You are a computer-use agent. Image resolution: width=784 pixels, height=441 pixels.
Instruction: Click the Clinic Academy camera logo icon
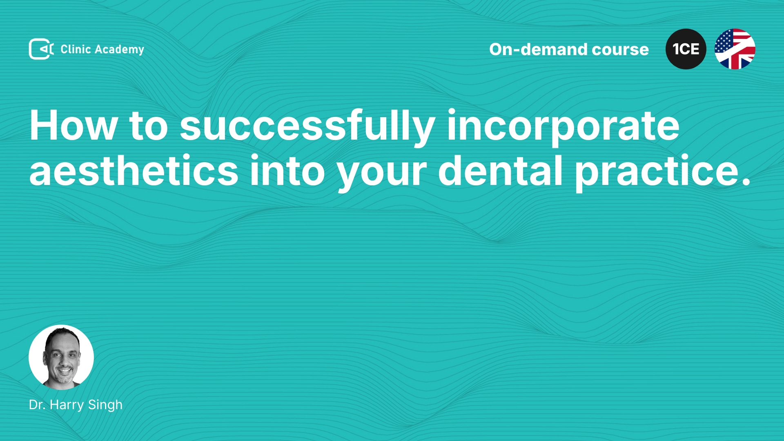(41, 49)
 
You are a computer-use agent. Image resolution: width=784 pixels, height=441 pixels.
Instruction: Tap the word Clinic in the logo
(76, 49)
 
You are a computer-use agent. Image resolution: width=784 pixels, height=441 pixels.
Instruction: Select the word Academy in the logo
(120, 50)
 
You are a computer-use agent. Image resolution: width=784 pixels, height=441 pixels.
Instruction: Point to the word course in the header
(620, 50)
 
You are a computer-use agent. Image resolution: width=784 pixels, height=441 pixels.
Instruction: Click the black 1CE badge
(686, 49)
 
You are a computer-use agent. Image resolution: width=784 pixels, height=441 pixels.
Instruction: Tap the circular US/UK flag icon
(735, 49)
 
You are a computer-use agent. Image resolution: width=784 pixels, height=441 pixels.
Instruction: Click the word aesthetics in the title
(134, 171)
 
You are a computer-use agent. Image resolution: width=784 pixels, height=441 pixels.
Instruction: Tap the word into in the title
(287, 171)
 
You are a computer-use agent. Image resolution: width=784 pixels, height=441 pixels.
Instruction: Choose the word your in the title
(382, 174)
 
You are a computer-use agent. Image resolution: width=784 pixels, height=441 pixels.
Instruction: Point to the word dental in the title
(501, 171)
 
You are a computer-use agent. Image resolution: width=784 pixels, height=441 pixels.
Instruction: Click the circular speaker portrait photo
(61, 357)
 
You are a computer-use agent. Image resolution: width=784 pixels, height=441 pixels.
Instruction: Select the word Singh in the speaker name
(105, 405)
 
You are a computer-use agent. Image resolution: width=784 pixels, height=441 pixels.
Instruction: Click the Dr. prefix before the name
(37, 405)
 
